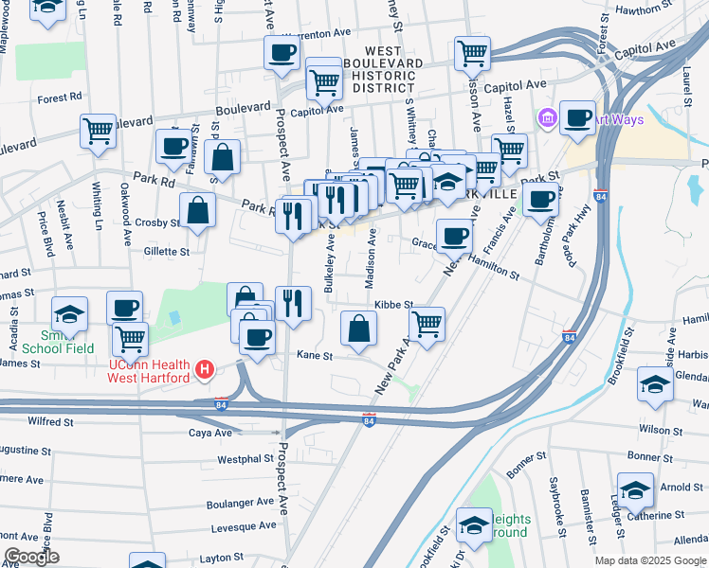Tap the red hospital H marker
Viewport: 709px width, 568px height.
pyautogui.click(x=203, y=369)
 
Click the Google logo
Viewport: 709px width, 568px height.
pyautogui.click(x=31, y=557)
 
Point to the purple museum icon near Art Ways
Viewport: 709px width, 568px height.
pyautogui.click(x=548, y=119)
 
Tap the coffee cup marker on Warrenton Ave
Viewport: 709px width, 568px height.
pyautogui.click(x=282, y=54)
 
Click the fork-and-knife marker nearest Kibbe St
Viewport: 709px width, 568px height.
pyautogui.click(x=294, y=304)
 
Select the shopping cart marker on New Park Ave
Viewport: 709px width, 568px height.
pyautogui.click(x=427, y=325)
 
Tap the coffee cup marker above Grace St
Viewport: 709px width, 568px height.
pyautogui.click(x=454, y=235)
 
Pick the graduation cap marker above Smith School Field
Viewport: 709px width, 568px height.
pyautogui.click(x=70, y=314)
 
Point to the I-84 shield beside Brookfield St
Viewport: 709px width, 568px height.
pyautogui.click(x=569, y=336)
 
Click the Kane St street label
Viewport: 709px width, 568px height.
pyautogui.click(x=315, y=356)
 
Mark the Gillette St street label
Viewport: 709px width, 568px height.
pyautogui.click(x=167, y=252)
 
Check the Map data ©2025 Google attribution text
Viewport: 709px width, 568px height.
pyautogui.click(x=649, y=560)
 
